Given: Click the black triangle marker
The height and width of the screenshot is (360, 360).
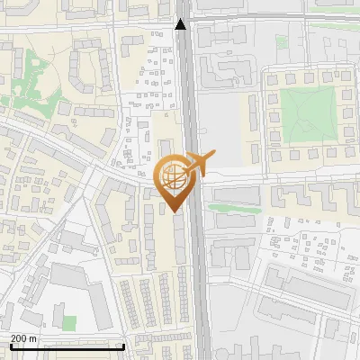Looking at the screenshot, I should tap(181, 24).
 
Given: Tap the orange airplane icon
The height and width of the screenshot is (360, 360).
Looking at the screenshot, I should tap(194, 164).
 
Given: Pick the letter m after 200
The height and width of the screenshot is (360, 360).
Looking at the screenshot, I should tap(34, 338).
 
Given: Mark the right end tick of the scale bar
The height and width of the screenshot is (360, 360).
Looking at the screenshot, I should tap(123, 346).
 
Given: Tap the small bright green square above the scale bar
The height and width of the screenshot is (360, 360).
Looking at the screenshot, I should tap(68, 321).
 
